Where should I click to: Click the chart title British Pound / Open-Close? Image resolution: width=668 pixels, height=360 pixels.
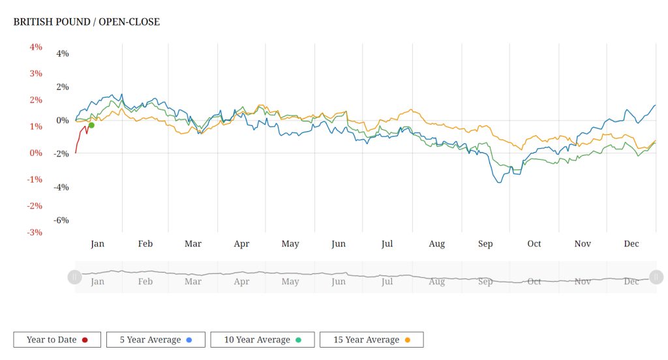pos(87,22)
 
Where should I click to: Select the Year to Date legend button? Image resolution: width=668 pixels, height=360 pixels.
pos(57,340)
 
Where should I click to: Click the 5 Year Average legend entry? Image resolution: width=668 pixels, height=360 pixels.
pos(155,340)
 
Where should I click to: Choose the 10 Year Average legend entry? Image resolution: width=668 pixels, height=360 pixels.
pos(262,340)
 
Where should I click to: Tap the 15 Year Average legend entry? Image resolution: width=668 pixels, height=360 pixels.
pos(371,340)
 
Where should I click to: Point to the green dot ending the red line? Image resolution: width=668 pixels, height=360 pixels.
pos(91,125)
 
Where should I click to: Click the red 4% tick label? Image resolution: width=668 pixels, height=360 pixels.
pos(36,47)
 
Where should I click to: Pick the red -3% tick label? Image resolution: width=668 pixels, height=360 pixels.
pos(35,232)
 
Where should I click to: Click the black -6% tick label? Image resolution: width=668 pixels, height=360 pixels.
pos(61,220)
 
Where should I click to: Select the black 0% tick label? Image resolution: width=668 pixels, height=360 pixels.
pos(63,121)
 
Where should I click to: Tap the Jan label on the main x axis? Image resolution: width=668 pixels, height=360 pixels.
pos(97,244)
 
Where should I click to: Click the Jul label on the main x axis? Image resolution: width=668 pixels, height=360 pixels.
pos(387,244)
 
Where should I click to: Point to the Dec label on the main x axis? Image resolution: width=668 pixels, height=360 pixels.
pos(631,244)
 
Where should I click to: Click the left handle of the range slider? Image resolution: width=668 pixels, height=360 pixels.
pos(74,277)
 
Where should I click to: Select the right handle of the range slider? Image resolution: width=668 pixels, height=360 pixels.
pos(656,277)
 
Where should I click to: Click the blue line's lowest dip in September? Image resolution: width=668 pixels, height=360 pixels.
pos(499,183)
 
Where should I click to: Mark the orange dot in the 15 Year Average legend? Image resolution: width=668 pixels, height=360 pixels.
pos(407,340)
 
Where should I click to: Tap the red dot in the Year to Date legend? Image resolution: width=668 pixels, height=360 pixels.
pos(85,340)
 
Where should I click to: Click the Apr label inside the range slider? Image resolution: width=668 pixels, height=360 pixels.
pos(241,282)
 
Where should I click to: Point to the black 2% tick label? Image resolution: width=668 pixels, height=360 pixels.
pos(63,87)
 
